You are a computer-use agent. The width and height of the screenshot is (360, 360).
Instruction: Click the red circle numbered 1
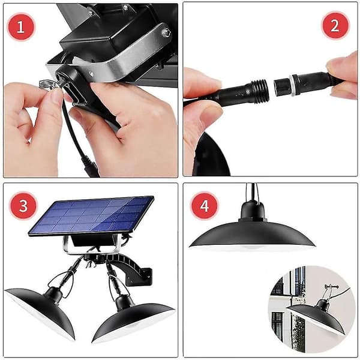[21, 27]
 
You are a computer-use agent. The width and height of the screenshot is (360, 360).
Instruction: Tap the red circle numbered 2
[335, 25]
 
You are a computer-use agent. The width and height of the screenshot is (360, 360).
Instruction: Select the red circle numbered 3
[23, 205]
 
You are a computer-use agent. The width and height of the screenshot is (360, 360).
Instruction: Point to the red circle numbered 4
[205, 205]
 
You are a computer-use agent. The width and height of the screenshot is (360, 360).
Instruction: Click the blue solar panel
[91, 216]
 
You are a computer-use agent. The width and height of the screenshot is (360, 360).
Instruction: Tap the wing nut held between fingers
[49, 85]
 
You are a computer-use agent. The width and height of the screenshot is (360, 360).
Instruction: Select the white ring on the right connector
[293, 85]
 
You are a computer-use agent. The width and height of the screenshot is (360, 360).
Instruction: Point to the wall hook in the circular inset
[331, 287]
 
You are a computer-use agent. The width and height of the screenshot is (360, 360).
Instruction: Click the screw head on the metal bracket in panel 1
[166, 32]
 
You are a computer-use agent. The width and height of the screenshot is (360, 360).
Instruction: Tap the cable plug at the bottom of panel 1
[91, 166]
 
